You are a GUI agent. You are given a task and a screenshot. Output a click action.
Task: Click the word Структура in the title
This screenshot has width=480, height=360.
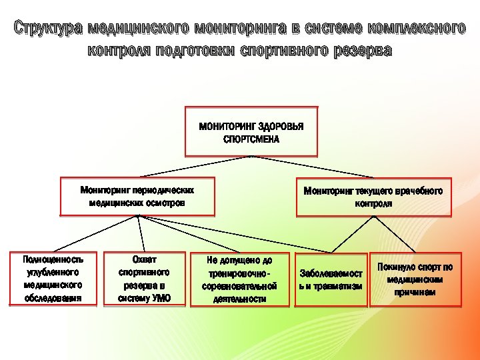49,29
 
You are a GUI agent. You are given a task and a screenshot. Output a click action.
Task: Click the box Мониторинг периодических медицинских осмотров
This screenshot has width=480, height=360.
137,197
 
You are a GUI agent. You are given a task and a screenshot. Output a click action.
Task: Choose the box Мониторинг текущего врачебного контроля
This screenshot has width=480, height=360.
373,197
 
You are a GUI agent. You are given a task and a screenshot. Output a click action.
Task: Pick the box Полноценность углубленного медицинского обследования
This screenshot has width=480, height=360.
53,279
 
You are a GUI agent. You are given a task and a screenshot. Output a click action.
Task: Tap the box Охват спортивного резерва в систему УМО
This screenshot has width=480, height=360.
144,279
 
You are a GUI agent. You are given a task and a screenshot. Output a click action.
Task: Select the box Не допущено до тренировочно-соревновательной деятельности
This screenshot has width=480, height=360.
239,279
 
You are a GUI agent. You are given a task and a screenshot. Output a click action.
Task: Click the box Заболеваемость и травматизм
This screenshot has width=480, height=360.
331,279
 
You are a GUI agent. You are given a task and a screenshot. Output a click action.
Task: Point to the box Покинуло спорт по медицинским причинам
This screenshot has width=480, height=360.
415,279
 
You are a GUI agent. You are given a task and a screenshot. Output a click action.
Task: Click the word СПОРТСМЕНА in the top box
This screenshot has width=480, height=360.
251,139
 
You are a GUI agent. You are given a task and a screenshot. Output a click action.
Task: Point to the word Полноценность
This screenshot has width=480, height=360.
53,259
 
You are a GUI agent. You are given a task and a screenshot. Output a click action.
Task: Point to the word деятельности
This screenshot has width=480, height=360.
239,299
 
